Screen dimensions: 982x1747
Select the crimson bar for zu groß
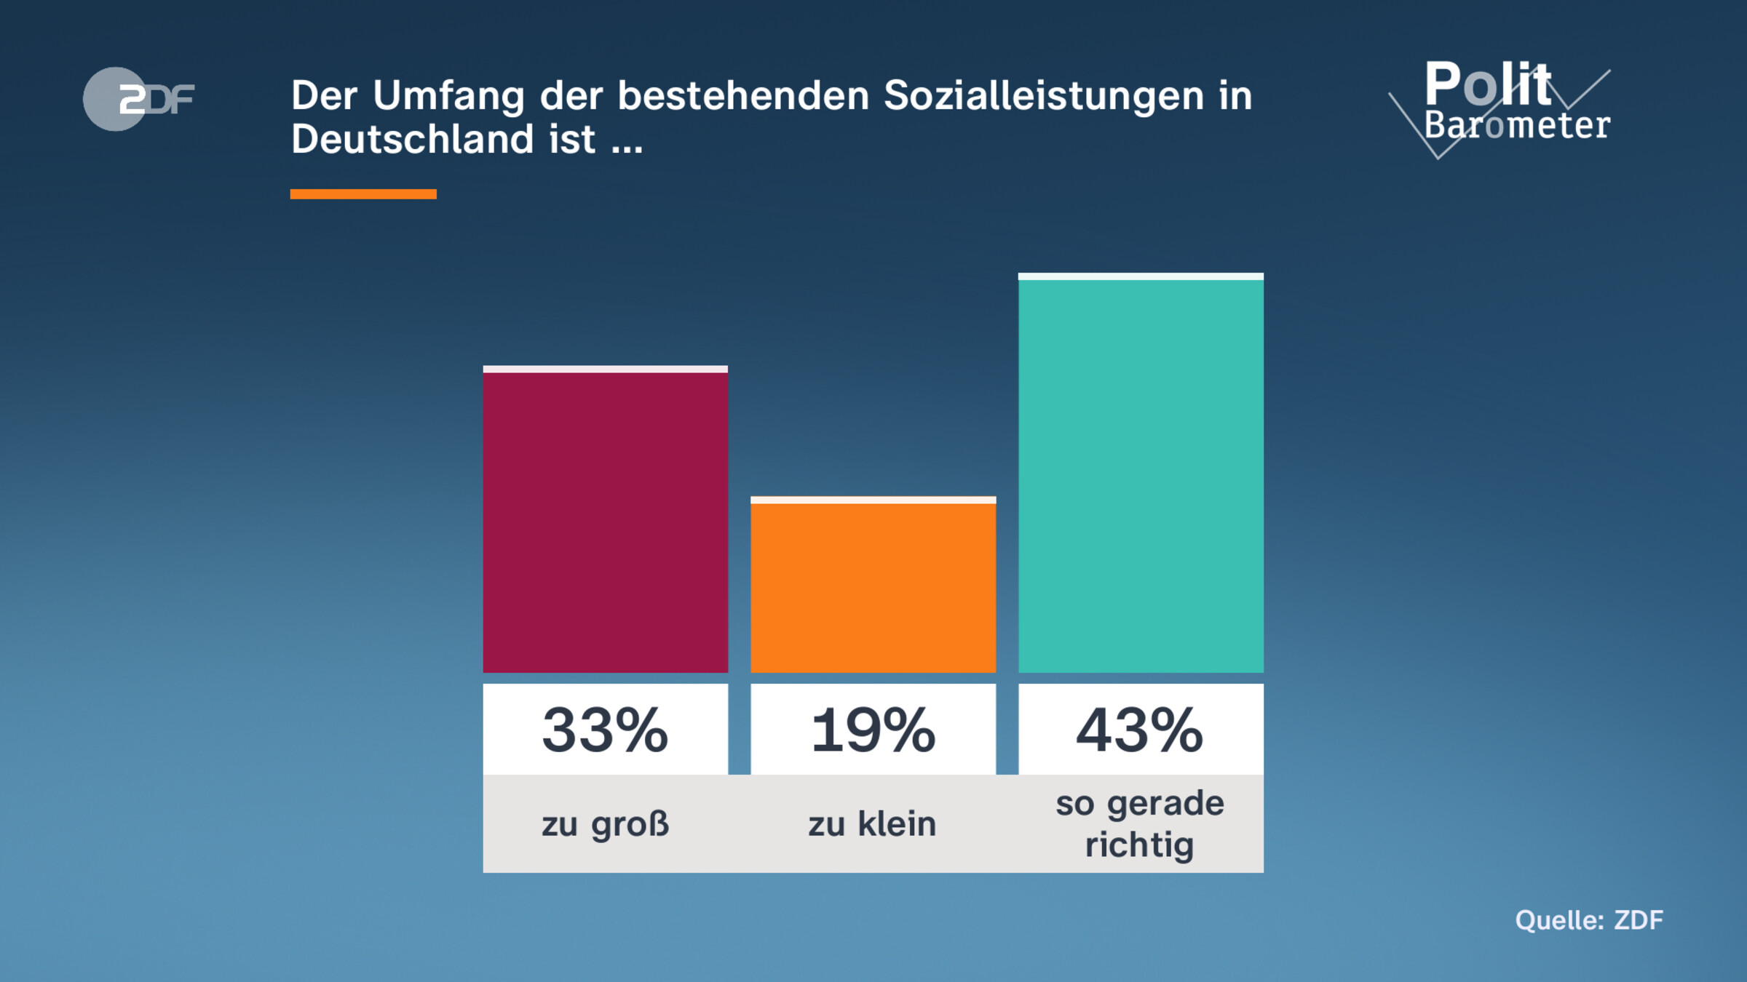click(605, 520)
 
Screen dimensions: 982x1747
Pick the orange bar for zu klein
click(873, 586)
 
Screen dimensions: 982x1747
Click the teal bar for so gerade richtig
click(1141, 473)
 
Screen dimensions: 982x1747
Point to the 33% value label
click(605, 730)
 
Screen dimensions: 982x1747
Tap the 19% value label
click(873, 730)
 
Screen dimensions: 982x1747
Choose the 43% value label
click(1140, 730)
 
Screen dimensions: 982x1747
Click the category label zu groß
click(605, 824)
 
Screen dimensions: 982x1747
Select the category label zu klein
click(872, 824)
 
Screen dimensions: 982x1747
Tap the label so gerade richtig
click(1140, 824)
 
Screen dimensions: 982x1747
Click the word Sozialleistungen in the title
click(1044, 96)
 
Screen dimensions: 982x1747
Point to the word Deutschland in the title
click(412, 139)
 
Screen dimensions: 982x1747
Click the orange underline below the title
click(363, 194)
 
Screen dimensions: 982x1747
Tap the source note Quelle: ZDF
click(1589, 920)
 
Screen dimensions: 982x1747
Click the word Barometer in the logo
click(1517, 125)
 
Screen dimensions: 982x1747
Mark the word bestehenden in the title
click(743, 96)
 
